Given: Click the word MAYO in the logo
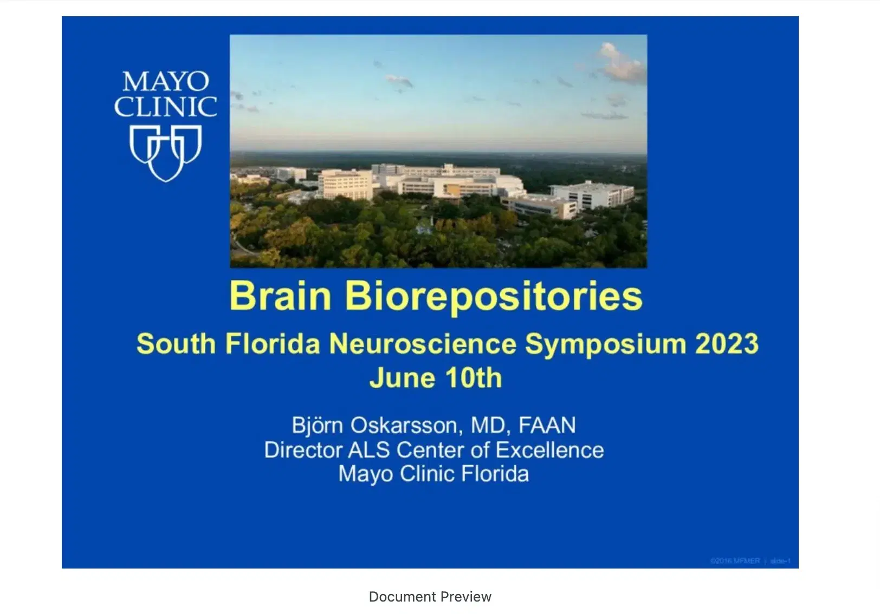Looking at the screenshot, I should tap(165, 82).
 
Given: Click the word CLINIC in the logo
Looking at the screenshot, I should tap(165, 107).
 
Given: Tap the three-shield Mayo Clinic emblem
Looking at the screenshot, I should tap(165, 153).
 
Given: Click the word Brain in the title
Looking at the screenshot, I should tap(280, 296).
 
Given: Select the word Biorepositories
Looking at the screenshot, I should tap(494, 297).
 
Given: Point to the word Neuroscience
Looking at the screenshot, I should tap(423, 344).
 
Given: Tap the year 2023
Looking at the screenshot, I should tap(727, 344).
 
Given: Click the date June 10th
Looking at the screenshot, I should tap(436, 378).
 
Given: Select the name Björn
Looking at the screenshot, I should tap(317, 425).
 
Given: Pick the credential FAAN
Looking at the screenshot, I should tap(547, 426).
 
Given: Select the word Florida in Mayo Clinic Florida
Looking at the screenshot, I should tap(494, 474).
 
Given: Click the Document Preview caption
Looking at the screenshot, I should tap(430, 597).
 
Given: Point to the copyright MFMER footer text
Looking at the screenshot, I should tap(735, 561).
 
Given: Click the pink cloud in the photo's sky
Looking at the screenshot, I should tap(622, 63).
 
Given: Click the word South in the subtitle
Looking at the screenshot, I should tap(176, 344).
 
